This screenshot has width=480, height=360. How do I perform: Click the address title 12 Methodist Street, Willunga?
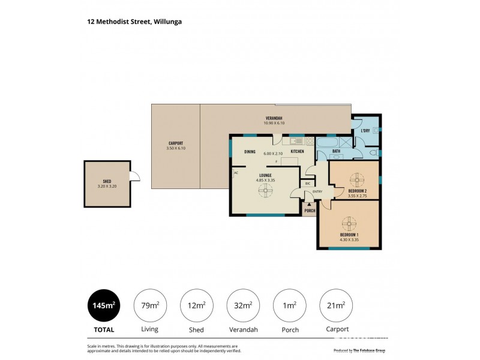[134, 21]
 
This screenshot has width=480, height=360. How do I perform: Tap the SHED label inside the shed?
[107, 181]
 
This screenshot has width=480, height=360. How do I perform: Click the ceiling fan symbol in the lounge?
[265, 191]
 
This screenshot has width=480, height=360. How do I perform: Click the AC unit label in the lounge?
[236, 173]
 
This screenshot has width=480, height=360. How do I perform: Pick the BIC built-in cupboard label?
[307, 184]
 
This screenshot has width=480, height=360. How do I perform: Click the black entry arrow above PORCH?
[310, 205]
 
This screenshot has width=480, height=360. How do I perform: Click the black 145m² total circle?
[103, 305]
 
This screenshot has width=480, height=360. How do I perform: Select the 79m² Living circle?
[149, 305]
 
